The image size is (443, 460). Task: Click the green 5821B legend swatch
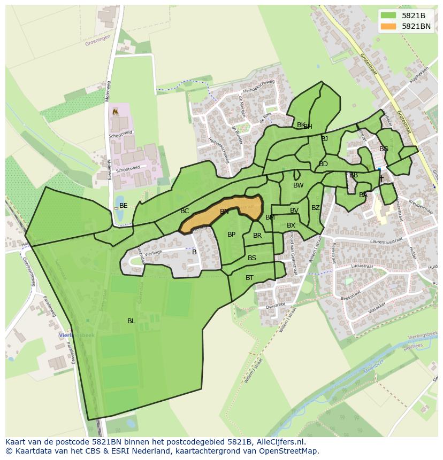click(x=388, y=15)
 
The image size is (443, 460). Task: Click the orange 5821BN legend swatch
click(x=388, y=26)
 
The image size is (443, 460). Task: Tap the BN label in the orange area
click(x=224, y=212)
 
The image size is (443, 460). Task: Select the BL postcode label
click(x=131, y=321)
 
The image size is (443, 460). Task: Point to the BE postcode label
click(x=124, y=206)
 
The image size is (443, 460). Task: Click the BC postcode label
click(x=185, y=211)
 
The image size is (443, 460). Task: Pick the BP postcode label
click(x=231, y=235)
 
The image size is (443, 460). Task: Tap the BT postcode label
click(x=249, y=278)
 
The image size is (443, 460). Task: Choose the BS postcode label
click(x=252, y=258)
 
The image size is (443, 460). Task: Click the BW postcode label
click(x=298, y=185)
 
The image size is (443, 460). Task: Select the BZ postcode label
click(x=316, y=208)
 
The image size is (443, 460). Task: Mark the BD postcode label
click(x=323, y=164)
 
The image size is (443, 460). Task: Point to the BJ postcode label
click(x=324, y=139)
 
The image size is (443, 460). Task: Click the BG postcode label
click(x=384, y=149)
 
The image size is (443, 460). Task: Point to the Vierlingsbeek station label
click(x=77, y=335)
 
